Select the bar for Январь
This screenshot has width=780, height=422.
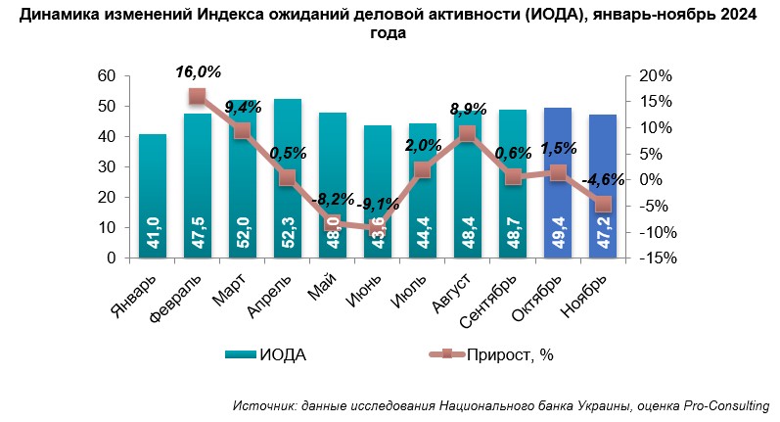[152, 196]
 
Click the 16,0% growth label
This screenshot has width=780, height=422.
[199, 71]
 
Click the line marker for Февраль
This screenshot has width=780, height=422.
[198, 96]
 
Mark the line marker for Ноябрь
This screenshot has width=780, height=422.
[603, 204]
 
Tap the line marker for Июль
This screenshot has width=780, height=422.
[423, 169]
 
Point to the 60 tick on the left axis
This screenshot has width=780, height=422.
[109, 76]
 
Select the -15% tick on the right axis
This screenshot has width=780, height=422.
[654, 258]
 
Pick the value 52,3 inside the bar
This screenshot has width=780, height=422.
[288, 237]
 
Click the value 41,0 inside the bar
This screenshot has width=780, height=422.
[152, 237]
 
